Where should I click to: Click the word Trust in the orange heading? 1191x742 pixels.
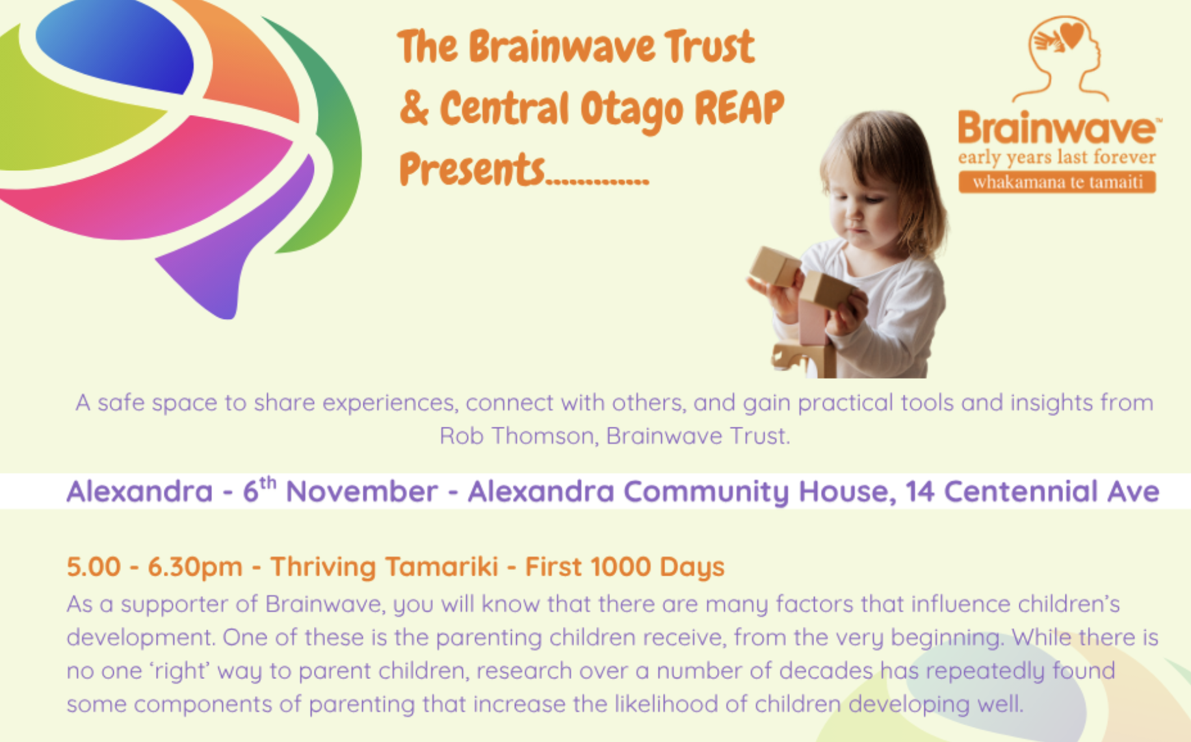[709, 47]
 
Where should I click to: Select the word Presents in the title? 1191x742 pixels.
[472, 169]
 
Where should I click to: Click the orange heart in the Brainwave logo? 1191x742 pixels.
[1071, 34]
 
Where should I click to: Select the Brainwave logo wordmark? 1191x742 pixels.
[1056, 128]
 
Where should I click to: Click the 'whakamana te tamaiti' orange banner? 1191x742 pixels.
[1057, 182]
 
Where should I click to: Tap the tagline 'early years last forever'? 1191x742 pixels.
[1056, 157]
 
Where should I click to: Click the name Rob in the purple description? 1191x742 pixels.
[462, 435]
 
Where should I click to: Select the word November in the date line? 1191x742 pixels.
[361, 492]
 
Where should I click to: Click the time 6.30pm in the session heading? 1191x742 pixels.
[195, 567]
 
